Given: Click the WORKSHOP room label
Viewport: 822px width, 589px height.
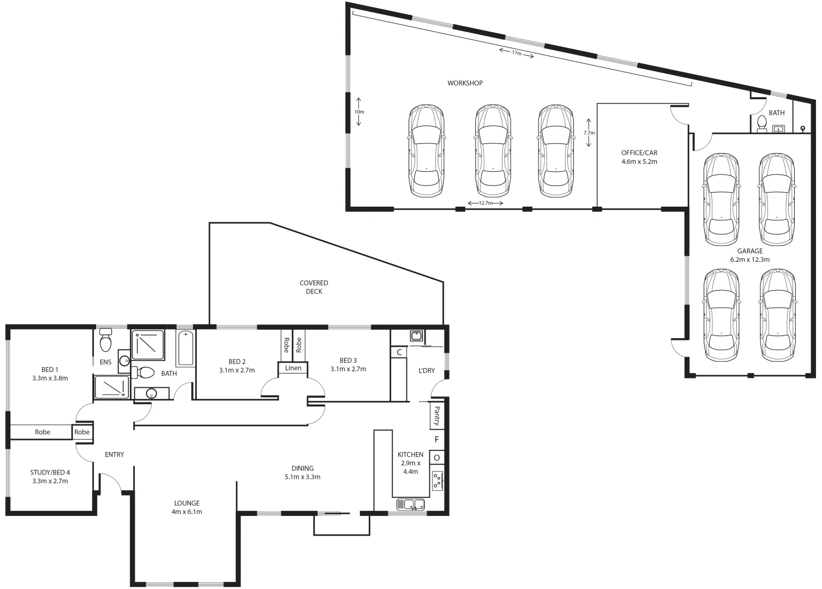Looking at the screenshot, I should (x=465, y=83).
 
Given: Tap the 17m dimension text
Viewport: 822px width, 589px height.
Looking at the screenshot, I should (x=516, y=53).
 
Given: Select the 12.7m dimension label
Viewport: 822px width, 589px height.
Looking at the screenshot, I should (x=485, y=203).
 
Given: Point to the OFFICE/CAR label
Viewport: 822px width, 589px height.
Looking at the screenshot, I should (x=639, y=157).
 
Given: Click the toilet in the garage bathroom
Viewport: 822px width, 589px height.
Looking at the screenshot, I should (x=762, y=123).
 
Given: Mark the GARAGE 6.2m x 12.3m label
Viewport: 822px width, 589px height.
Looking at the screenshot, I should (x=749, y=255).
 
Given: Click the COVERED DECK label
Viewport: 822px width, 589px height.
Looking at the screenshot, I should (x=314, y=287).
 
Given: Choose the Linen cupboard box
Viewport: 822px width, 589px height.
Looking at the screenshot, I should (x=293, y=368).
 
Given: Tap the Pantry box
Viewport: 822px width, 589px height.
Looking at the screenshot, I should (x=437, y=416).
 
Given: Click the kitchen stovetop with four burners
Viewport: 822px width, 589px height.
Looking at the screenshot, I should (x=437, y=480).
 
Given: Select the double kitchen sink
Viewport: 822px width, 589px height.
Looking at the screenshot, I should (x=411, y=504).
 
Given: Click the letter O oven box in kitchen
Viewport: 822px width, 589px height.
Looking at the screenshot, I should (x=437, y=458).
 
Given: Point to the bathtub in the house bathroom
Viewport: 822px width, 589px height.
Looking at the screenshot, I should (x=185, y=348).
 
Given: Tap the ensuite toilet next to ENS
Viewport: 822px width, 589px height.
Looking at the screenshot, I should (x=106, y=341).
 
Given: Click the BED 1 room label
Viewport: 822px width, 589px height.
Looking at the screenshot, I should (x=50, y=374).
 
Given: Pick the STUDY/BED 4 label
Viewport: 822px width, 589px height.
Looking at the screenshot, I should (x=50, y=477).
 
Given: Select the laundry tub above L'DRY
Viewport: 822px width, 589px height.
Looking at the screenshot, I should (x=416, y=335).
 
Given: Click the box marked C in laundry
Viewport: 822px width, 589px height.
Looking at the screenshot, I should (x=399, y=352).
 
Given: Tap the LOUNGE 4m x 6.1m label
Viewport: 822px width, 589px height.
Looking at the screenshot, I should (x=187, y=507).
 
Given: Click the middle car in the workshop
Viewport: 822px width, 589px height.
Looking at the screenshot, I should (x=493, y=151).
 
